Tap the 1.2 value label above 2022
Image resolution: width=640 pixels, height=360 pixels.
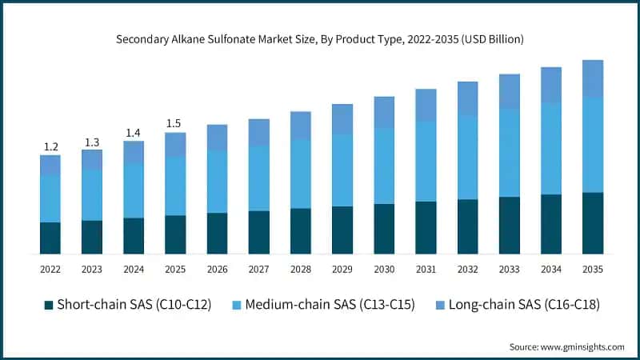pyautogui.click(x=50, y=146)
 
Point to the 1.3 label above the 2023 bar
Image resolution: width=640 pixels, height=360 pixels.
pyautogui.click(x=92, y=142)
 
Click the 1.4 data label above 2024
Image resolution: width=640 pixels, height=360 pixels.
pyautogui.click(x=134, y=133)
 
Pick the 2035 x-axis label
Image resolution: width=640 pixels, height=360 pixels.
pyautogui.click(x=592, y=270)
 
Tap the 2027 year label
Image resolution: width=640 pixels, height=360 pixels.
pyautogui.click(x=258, y=270)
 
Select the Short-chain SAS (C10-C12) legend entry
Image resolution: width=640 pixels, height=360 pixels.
pyautogui.click(x=128, y=305)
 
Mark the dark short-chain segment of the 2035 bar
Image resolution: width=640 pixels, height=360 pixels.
pyautogui.click(x=592, y=223)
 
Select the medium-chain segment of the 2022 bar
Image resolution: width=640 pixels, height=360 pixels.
pyautogui.click(x=50, y=198)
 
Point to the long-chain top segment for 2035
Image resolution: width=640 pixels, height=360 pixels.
pyautogui.click(x=592, y=78)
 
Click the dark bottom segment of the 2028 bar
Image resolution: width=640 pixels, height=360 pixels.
pyautogui.click(x=300, y=231)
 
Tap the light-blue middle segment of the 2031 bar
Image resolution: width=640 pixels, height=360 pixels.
pyautogui.click(x=425, y=161)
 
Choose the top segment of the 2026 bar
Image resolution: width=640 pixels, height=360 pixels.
pyautogui.click(x=217, y=137)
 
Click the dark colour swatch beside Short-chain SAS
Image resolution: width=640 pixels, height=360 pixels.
pyautogui.click(x=49, y=305)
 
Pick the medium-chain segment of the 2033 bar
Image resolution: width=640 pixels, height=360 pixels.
pyautogui.click(x=509, y=152)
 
